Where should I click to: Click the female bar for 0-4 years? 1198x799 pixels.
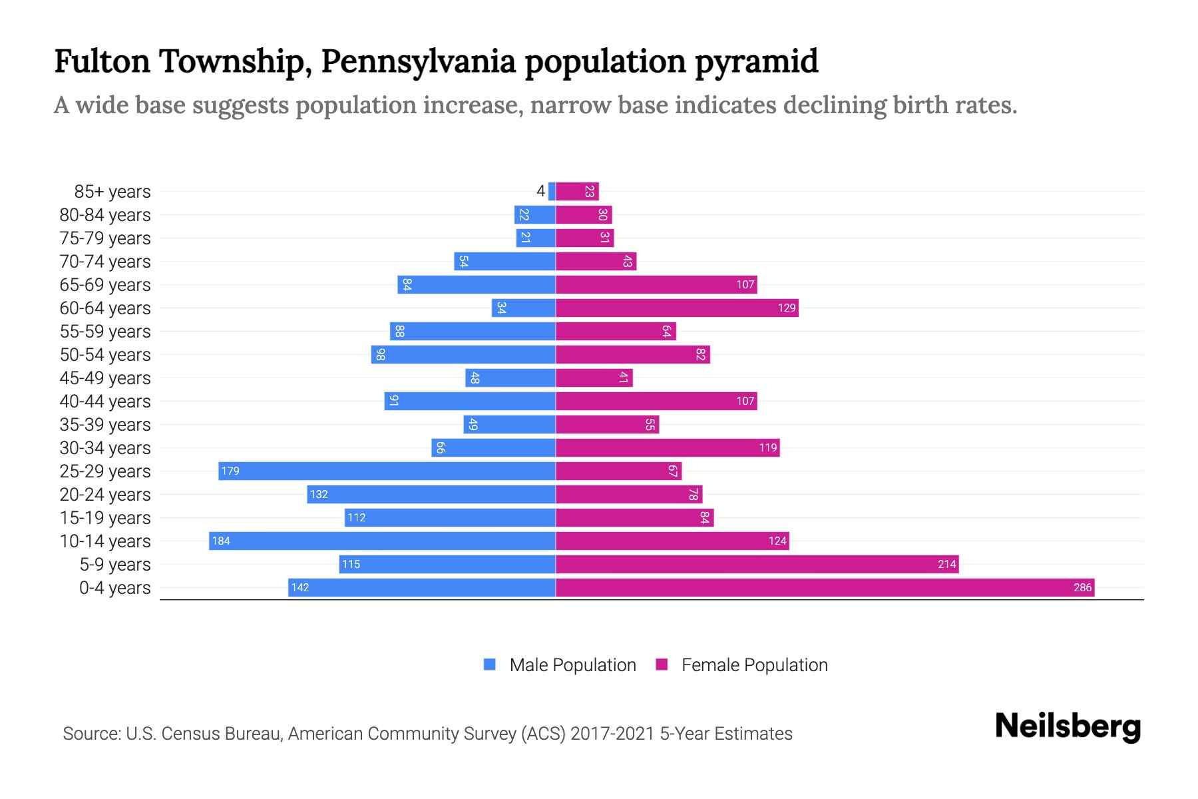825,587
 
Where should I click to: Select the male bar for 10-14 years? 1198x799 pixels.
382,541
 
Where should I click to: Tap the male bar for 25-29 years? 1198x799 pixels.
387,471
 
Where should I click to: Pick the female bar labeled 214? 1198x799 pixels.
757,564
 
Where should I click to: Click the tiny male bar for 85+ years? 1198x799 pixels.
552,191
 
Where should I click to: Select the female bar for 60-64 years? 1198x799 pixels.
677,308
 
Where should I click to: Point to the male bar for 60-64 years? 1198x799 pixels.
524,308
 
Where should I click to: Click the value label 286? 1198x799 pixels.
1082,587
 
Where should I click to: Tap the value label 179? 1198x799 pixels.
230,471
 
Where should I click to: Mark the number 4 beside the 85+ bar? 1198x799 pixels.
540,191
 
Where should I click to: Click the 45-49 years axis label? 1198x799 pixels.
105,378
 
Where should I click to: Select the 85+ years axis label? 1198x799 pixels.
112,191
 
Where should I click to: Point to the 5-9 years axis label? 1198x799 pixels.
114,564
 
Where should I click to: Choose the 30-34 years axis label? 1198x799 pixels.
105,447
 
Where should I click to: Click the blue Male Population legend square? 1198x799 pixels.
490,665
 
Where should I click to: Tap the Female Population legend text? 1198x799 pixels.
754,665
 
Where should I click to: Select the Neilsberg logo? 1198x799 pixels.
1068,726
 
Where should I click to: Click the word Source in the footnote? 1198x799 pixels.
91,734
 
